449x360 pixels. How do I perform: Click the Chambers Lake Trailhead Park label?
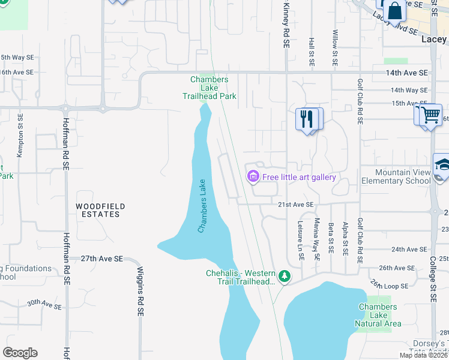pyautogui.click(x=209, y=88)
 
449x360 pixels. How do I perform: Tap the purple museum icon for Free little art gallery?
pyautogui.click(x=253, y=176)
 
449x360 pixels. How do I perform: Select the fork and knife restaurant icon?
pyautogui.click(x=306, y=119)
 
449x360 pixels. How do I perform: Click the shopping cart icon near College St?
pyautogui.click(x=431, y=114)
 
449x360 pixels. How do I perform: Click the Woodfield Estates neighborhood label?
pyautogui.click(x=100, y=211)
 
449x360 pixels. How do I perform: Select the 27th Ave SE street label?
pyautogui.click(x=102, y=258)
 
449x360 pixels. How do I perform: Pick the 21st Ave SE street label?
pyautogui.click(x=295, y=205)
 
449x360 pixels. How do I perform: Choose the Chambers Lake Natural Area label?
pyautogui.click(x=378, y=315)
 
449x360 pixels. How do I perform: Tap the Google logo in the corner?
pyautogui.click(x=20, y=353)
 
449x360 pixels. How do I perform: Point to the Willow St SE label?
pyautogui.click(x=335, y=48)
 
